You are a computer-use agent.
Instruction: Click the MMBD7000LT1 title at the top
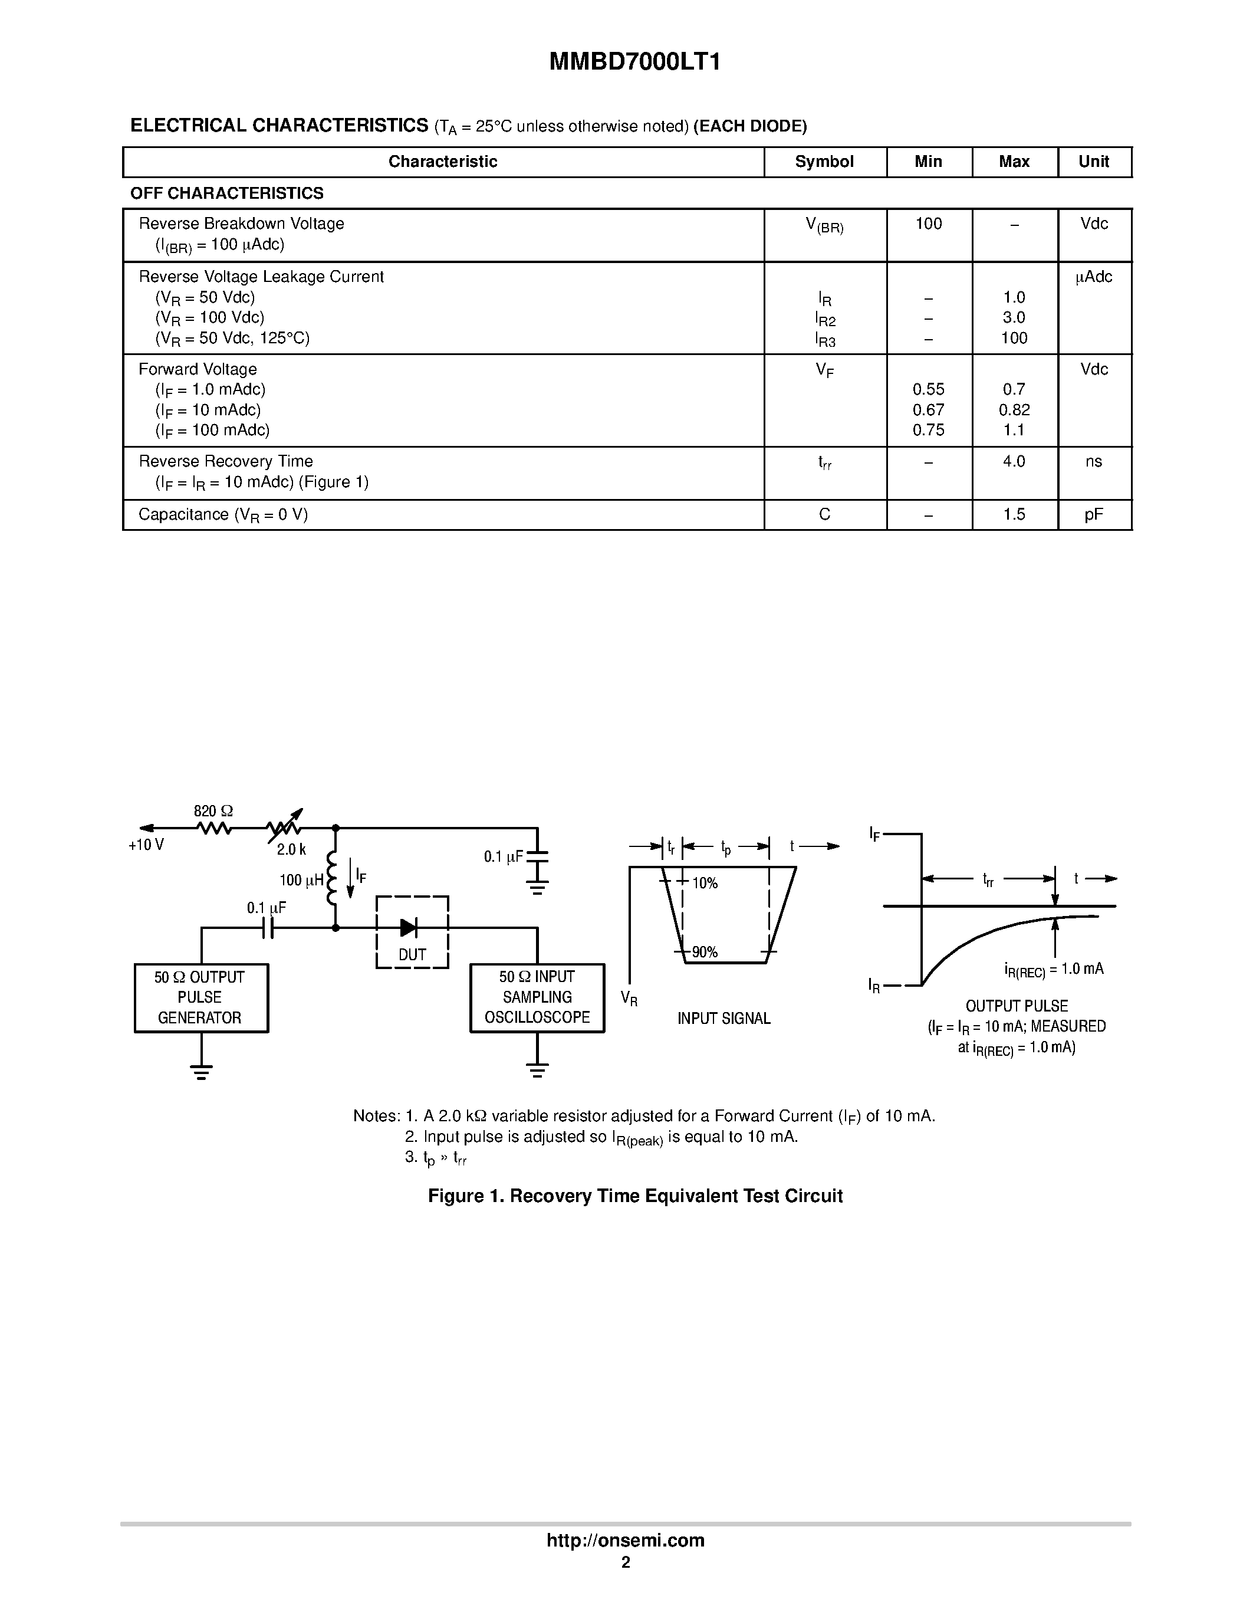634,63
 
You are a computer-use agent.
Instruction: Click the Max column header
1014,162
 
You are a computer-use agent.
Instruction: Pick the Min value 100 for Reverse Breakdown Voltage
928,224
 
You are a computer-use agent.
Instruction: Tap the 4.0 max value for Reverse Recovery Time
1014,461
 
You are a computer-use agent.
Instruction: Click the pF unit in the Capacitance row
1093,515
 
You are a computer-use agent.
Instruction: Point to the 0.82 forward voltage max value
1014,410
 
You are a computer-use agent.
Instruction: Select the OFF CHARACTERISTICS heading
227,193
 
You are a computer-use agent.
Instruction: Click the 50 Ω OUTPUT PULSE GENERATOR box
200,997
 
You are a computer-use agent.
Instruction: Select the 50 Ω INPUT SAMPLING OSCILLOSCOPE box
537,997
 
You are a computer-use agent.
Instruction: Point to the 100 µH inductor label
301,880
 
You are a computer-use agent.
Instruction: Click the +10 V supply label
146,845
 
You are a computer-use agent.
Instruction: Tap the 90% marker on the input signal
705,952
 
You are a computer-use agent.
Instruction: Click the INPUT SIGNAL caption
723,1018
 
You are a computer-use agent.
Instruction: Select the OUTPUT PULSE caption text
1016,1006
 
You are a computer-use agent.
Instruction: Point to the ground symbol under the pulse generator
201,1072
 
